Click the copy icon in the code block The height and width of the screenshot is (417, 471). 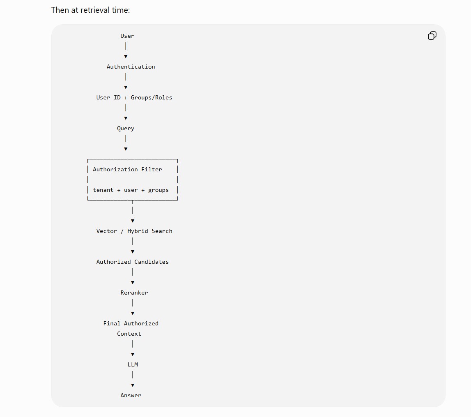[432, 36]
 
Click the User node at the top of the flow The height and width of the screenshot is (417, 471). [127, 36]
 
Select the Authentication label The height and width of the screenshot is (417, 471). [131, 67]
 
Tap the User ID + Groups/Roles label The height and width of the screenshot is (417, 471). [134, 98]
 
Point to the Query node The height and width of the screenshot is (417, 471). [126, 129]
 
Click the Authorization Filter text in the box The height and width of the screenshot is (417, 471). [127, 169]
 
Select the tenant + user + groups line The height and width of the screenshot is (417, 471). [131, 190]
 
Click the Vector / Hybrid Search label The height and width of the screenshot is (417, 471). [134, 231]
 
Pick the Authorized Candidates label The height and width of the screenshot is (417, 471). [133, 262]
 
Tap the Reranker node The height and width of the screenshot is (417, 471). [134, 293]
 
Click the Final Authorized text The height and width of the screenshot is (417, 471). [131, 324]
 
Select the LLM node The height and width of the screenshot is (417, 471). [133, 364]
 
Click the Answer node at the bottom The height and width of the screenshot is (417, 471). [131, 395]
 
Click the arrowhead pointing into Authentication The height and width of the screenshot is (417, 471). [126, 56]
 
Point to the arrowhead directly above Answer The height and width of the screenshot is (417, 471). [133, 385]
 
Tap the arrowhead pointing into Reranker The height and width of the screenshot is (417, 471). [133, 282]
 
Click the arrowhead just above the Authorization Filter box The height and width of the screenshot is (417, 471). [126, 149]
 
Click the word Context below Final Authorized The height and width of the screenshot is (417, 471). [129, 334]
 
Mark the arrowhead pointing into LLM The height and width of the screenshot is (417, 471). [133, 355]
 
